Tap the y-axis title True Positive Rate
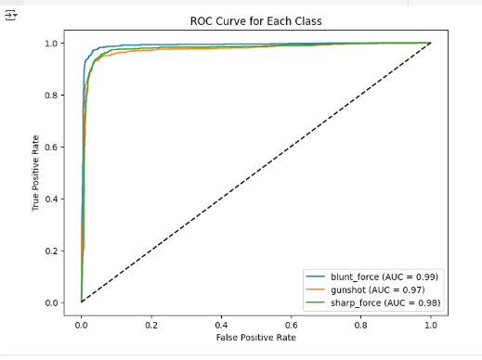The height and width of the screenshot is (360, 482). pyautogui.click(x=37, y=173)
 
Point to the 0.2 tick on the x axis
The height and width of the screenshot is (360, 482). pyautogui.click(x=151, y=326)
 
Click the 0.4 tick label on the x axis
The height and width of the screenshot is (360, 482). pyautogui.click(x=221, y=326)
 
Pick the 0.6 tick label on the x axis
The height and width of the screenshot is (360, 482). pyautogui.click(x=291, y=326)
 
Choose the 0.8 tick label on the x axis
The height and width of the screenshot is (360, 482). pyautogui.click(x=361, y=326)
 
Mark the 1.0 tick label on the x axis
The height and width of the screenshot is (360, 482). pyautogui.click(x=431, y=326)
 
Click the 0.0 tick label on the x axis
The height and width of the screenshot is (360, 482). pyautogui.click(x=82, y=326)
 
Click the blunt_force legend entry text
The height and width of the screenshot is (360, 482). pyautogui.click(x=384, y=276)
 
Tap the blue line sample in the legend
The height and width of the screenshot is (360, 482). pyautogui.click(x=316, y=276)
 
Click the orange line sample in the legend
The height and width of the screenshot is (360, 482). pyautogui.click(x=316, y=289)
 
